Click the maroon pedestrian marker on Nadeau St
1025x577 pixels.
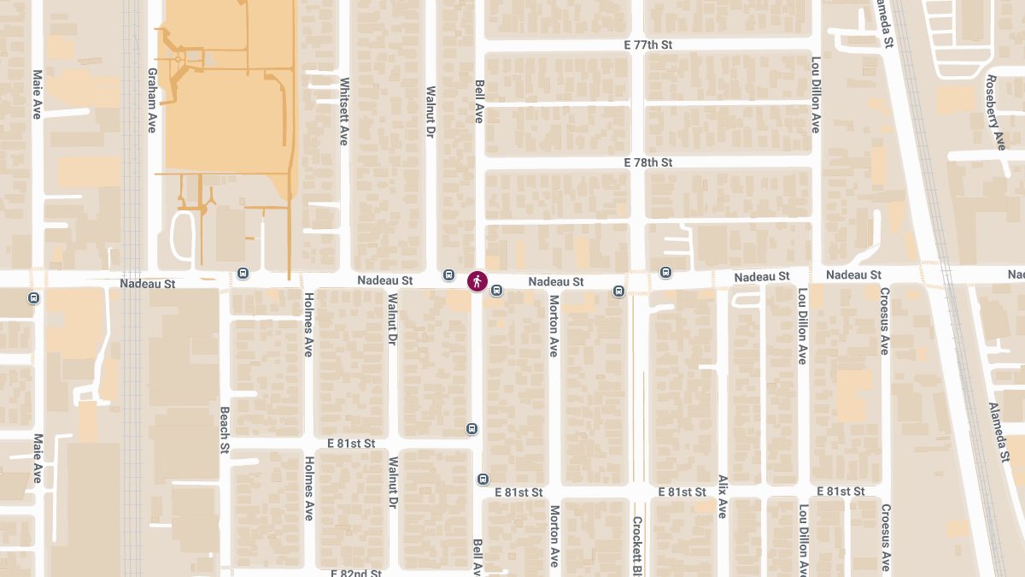477,280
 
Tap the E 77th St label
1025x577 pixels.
648,44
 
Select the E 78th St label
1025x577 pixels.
648,162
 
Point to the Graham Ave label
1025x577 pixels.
152,100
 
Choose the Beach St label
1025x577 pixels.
225,429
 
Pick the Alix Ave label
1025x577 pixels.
723,497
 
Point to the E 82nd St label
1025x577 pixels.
355,572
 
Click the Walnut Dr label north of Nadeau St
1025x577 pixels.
430,111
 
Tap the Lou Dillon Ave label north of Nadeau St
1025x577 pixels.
816,95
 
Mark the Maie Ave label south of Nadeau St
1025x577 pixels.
38,458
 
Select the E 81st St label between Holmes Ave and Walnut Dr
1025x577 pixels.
351,444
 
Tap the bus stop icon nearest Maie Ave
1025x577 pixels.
34,298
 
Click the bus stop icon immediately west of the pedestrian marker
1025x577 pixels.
448,274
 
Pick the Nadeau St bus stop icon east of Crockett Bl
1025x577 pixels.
665,273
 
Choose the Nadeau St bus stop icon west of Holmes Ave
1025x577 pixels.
243,274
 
